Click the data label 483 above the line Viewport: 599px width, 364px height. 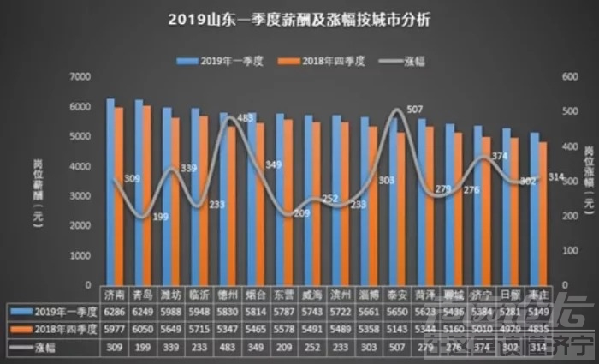pyautogui.click(x=243, y=117)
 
